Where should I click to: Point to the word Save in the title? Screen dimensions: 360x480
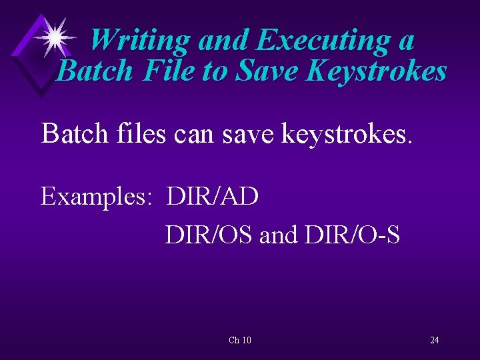click(265, 71)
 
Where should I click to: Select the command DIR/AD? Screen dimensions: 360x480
click(213, 197)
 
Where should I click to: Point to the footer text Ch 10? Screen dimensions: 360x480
click(240, 341)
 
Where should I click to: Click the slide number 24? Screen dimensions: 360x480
click(434, 341)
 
